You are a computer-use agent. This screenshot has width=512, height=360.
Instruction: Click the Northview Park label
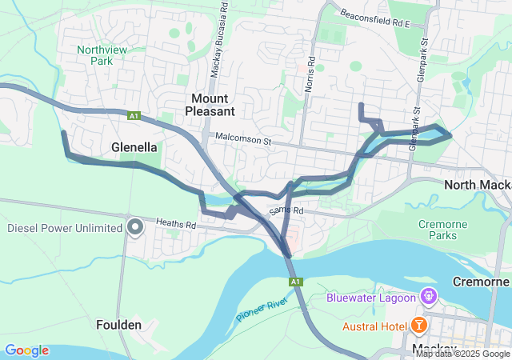(95, 54)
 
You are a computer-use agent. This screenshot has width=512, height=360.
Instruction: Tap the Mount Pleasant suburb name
(212, 104)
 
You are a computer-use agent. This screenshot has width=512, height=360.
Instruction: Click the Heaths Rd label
(176, 226)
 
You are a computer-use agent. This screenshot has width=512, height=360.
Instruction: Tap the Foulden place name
(119, 325)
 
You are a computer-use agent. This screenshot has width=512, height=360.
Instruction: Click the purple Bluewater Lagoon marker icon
(430, 297)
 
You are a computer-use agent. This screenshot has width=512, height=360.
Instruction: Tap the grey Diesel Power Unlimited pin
(135, 228)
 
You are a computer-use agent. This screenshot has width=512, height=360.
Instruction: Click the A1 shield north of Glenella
(134, 116)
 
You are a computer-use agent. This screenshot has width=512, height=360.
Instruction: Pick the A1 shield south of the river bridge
(296, 282)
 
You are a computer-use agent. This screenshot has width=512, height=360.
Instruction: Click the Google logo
(26, 350)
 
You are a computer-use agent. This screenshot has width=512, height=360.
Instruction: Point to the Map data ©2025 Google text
(462, 354)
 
